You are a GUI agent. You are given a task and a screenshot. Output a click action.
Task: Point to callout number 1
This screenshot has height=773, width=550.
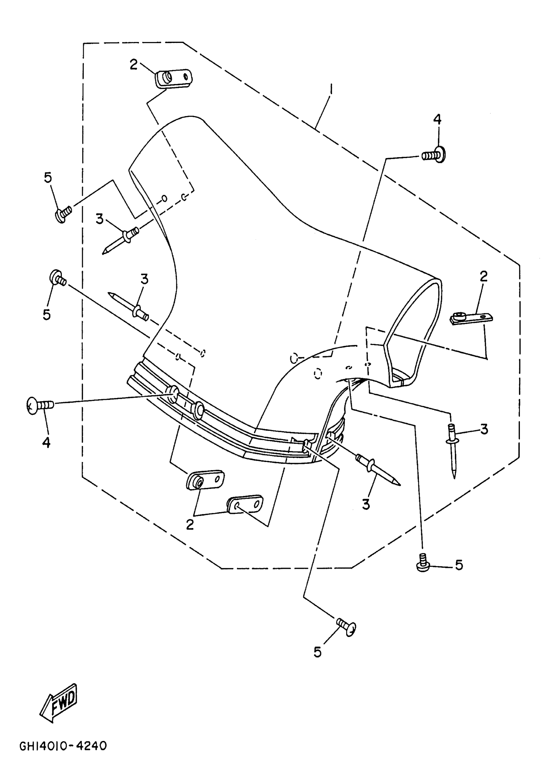click(331, 90)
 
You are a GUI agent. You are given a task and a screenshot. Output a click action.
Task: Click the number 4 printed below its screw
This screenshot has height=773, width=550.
click(46, 442)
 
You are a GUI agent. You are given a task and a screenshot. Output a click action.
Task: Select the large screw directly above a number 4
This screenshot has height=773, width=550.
click(39, 405)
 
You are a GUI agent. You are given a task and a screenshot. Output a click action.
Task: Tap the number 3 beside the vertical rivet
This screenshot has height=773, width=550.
click(484, 429)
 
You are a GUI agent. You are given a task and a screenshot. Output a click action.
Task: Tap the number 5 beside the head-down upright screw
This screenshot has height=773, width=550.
click(459, 565)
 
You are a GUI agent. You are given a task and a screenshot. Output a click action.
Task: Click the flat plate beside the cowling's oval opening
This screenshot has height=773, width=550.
click(471, 318)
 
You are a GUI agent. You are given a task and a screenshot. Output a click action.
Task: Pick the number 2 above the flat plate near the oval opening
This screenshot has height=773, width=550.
click(484, 276)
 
